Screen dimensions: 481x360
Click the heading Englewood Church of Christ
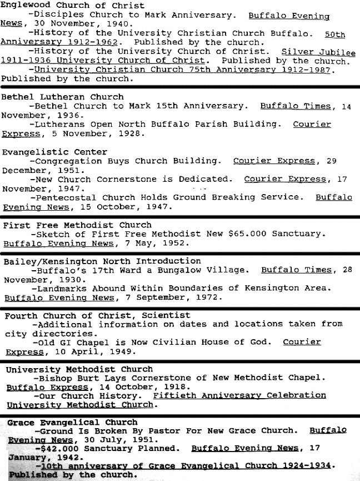click(72, 6)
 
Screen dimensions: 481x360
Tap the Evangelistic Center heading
click(54, 152)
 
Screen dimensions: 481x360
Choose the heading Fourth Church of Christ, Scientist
click(97, 315)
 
